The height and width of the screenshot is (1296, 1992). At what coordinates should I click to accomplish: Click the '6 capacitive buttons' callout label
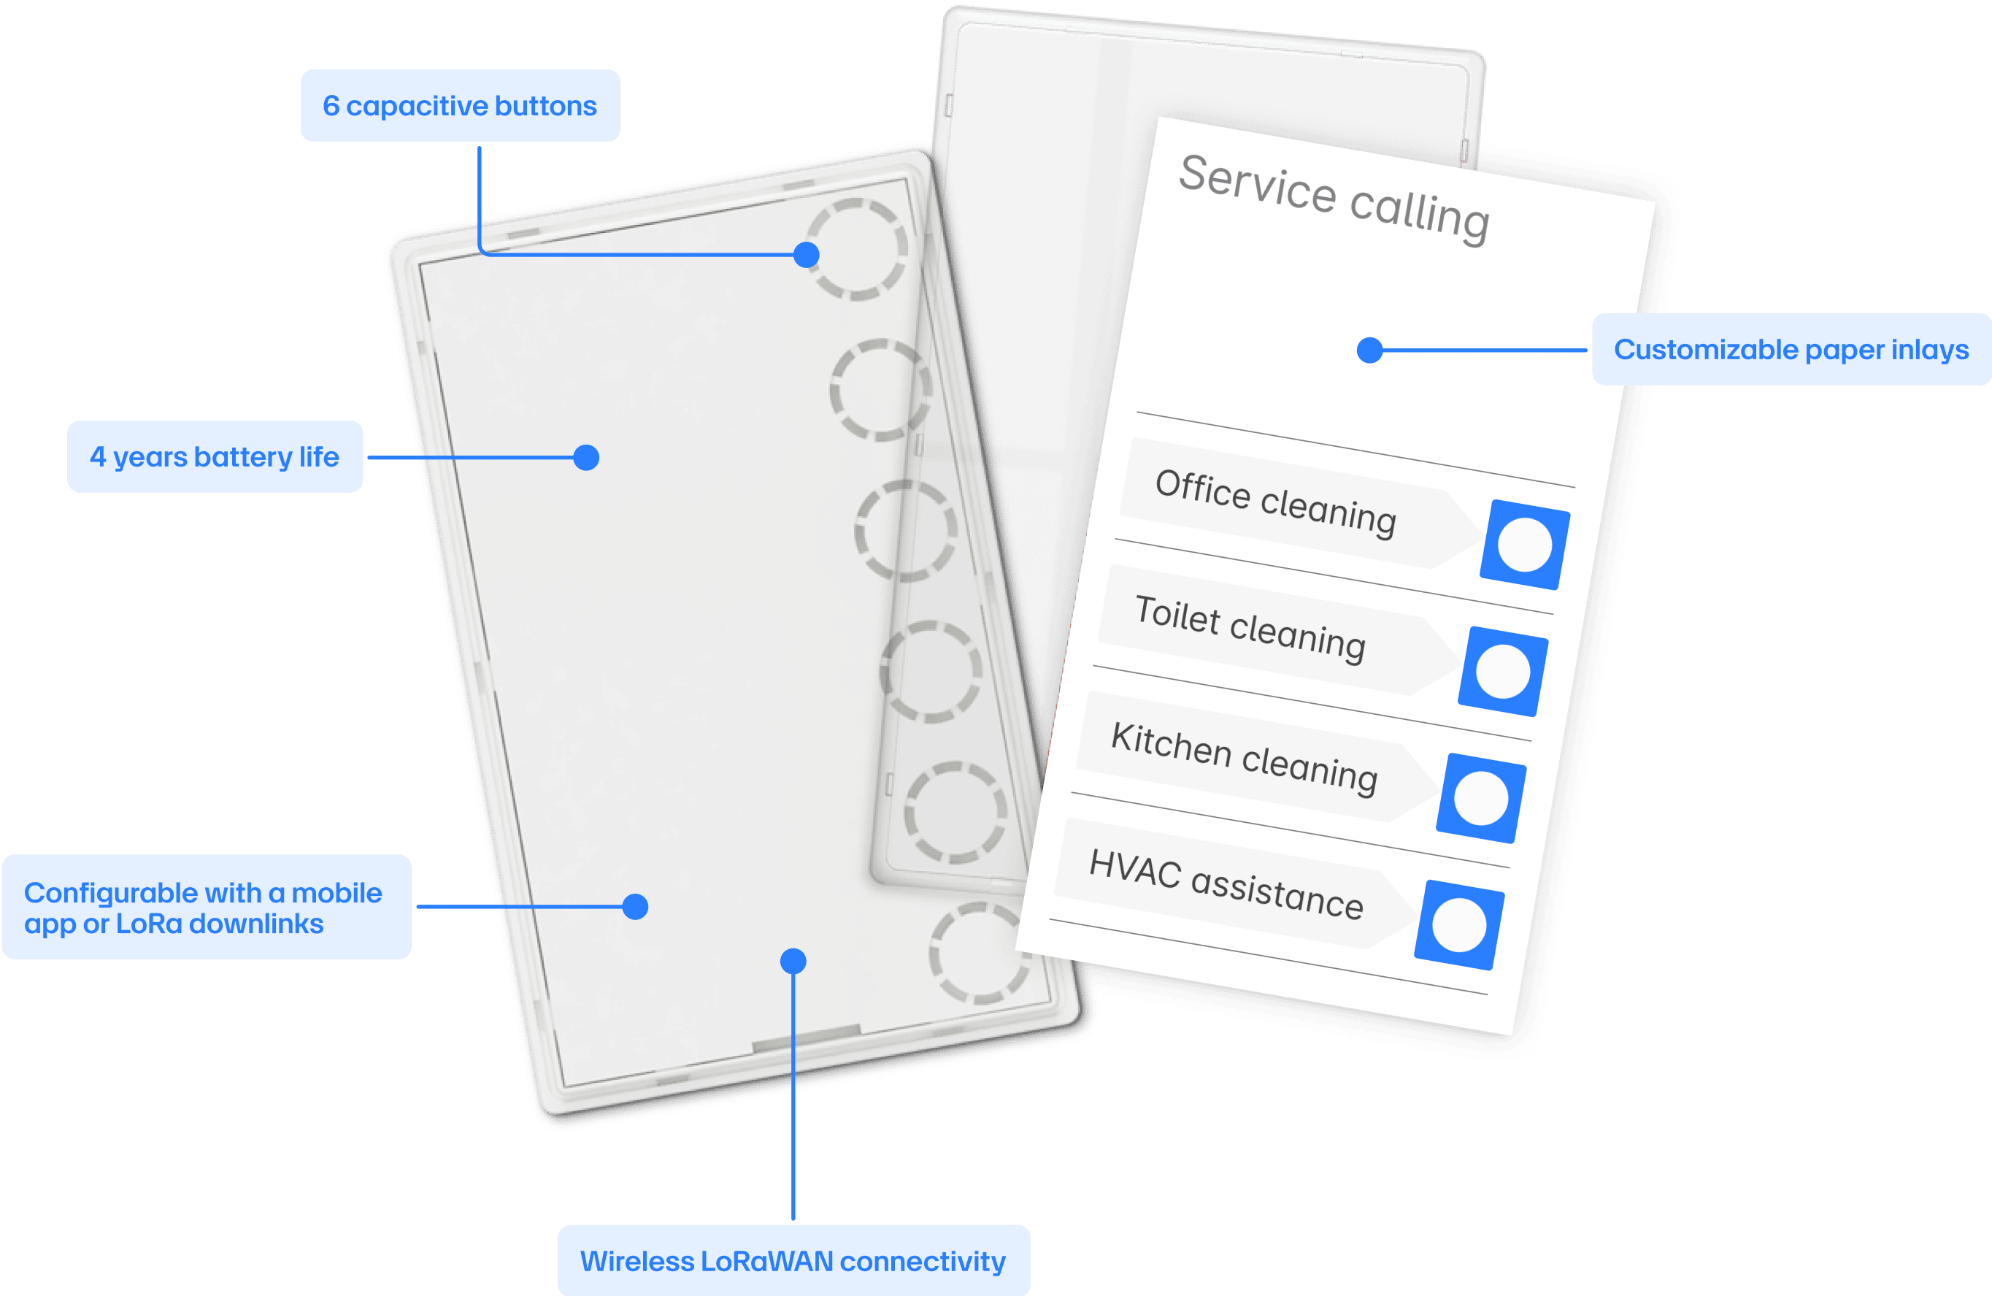(460, 107)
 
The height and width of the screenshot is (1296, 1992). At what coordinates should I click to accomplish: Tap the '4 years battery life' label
(215, 457)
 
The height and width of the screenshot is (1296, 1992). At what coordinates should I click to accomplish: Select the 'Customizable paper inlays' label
(1791, 349)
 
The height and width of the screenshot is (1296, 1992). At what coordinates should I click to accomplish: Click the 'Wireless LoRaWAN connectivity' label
(793, 1261)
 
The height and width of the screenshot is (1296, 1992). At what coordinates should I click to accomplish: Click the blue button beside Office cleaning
(1524, 545)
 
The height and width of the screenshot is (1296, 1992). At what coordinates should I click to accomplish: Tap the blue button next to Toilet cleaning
(1502, 672)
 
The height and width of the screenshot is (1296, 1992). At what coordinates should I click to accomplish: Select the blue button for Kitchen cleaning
(1480, 798)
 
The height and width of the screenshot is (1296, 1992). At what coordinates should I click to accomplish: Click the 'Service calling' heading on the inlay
(1334, 199)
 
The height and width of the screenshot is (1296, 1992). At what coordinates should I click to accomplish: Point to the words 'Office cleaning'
(1275, 502)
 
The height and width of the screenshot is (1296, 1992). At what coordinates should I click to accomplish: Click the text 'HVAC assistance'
(1226, 884)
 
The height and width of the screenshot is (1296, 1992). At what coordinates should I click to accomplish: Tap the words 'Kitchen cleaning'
(1244, 757)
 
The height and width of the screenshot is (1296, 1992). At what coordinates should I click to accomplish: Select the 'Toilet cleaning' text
(1250, 628)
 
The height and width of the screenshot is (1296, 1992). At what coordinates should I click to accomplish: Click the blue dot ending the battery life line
(586, 458)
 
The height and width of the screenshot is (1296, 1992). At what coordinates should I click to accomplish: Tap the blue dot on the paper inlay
(1369, 350)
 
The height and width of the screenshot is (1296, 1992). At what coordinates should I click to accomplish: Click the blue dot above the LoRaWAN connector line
(793, 961)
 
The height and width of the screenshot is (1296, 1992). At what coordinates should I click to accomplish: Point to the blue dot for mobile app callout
(635, 907)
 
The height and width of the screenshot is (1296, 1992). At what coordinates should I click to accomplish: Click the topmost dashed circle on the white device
(856, 250)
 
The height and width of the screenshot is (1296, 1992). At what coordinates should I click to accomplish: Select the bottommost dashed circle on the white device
(980, 953)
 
